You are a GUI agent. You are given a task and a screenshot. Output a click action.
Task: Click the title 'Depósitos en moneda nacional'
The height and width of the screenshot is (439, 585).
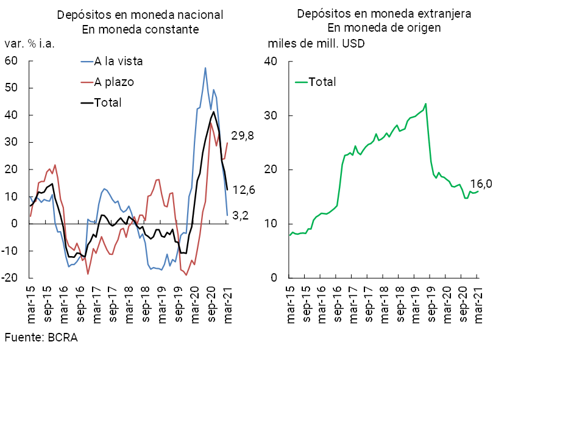(x=140, y=15)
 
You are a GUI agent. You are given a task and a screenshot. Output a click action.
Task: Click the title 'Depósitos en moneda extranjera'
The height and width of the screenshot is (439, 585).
(x=384, y=13)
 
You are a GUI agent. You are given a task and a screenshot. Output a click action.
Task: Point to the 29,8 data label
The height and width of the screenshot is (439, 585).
(x=242, y=136)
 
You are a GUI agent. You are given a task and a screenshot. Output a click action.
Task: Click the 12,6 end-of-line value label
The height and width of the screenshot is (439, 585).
(x=244, y=190)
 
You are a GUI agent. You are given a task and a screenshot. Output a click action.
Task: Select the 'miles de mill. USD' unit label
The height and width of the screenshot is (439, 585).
(x=316, y=44)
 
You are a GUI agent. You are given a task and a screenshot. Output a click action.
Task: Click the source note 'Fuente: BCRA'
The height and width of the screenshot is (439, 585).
(x=41, y=337)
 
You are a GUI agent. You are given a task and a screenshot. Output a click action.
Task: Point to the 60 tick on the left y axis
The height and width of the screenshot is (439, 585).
(x=10, y=61)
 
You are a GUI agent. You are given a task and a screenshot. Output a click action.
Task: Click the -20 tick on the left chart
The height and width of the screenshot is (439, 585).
(x=9, y=277)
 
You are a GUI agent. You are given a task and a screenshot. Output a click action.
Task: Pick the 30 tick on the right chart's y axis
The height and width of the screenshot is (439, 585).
(x=271, y=115)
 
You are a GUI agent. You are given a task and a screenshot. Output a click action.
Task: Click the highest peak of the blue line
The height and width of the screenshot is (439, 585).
(x=205, y=68)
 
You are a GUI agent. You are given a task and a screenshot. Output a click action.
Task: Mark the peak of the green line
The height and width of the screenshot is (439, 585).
(x=425, y=104)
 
